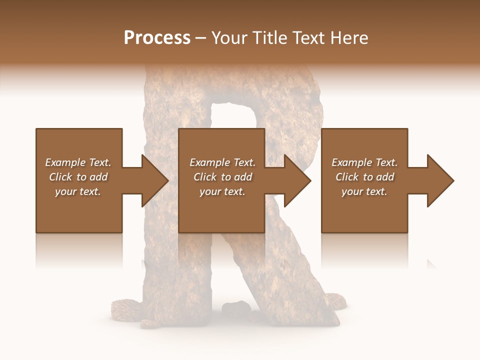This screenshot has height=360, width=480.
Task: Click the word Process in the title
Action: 157,38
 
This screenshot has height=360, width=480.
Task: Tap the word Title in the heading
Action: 268,38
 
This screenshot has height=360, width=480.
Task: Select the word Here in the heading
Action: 350,38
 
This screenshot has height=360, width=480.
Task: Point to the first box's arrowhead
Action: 153,180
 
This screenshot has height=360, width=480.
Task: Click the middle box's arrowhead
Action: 296,180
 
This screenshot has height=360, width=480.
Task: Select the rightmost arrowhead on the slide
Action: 439,180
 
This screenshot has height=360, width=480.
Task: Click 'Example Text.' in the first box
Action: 78,162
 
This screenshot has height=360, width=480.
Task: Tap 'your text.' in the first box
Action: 78,191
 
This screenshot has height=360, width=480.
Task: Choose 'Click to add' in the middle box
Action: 222,177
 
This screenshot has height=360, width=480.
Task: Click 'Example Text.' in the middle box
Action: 222,162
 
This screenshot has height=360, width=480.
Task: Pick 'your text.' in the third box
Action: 364,191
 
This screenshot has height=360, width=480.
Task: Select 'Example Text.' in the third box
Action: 364,162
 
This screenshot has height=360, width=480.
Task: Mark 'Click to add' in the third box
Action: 364,177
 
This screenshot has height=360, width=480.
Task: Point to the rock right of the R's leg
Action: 335,302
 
